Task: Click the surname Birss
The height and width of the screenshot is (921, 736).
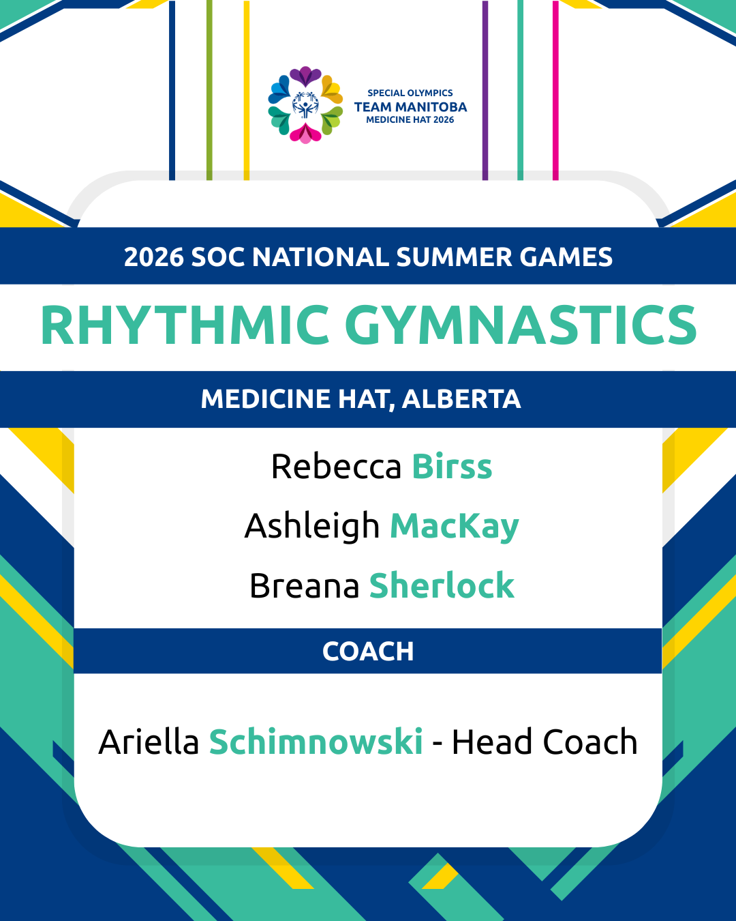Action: tap(452, 467)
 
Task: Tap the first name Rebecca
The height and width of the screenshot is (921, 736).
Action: tap(336, 467)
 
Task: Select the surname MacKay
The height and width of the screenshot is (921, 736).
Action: tap(454, 525)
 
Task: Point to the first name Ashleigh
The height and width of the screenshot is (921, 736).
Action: tap(311, 525)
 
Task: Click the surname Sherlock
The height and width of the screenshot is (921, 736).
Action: tap(442, 585)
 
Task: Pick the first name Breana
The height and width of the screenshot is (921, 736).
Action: tap(304, 585)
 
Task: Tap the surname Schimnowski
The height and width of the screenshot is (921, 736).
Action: tap(316, 742)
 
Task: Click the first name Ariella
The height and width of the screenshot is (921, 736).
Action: tap(149, 742)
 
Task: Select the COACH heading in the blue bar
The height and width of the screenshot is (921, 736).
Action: tap(368, 652)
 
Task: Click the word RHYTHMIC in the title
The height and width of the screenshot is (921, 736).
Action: tap(185, 325)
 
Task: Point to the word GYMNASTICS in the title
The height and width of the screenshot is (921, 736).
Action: tap(521, 325)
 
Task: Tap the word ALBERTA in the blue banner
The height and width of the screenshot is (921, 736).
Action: tap(461, 399)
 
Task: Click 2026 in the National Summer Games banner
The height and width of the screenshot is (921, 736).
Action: tap(154, 257)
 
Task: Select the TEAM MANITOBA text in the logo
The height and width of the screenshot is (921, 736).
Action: tap(410, 107)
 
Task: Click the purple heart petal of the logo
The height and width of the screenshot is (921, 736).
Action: tap(305, 76)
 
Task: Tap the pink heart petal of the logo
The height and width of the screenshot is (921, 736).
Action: tap(305, 134)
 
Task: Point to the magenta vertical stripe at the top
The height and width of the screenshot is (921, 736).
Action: tap(555, 90)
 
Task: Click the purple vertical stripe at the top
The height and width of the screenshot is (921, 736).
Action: tap(485, 90)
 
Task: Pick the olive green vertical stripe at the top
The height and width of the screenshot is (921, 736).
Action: tap(209, 90)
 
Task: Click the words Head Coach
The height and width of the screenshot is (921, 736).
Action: tap(545, 742)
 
